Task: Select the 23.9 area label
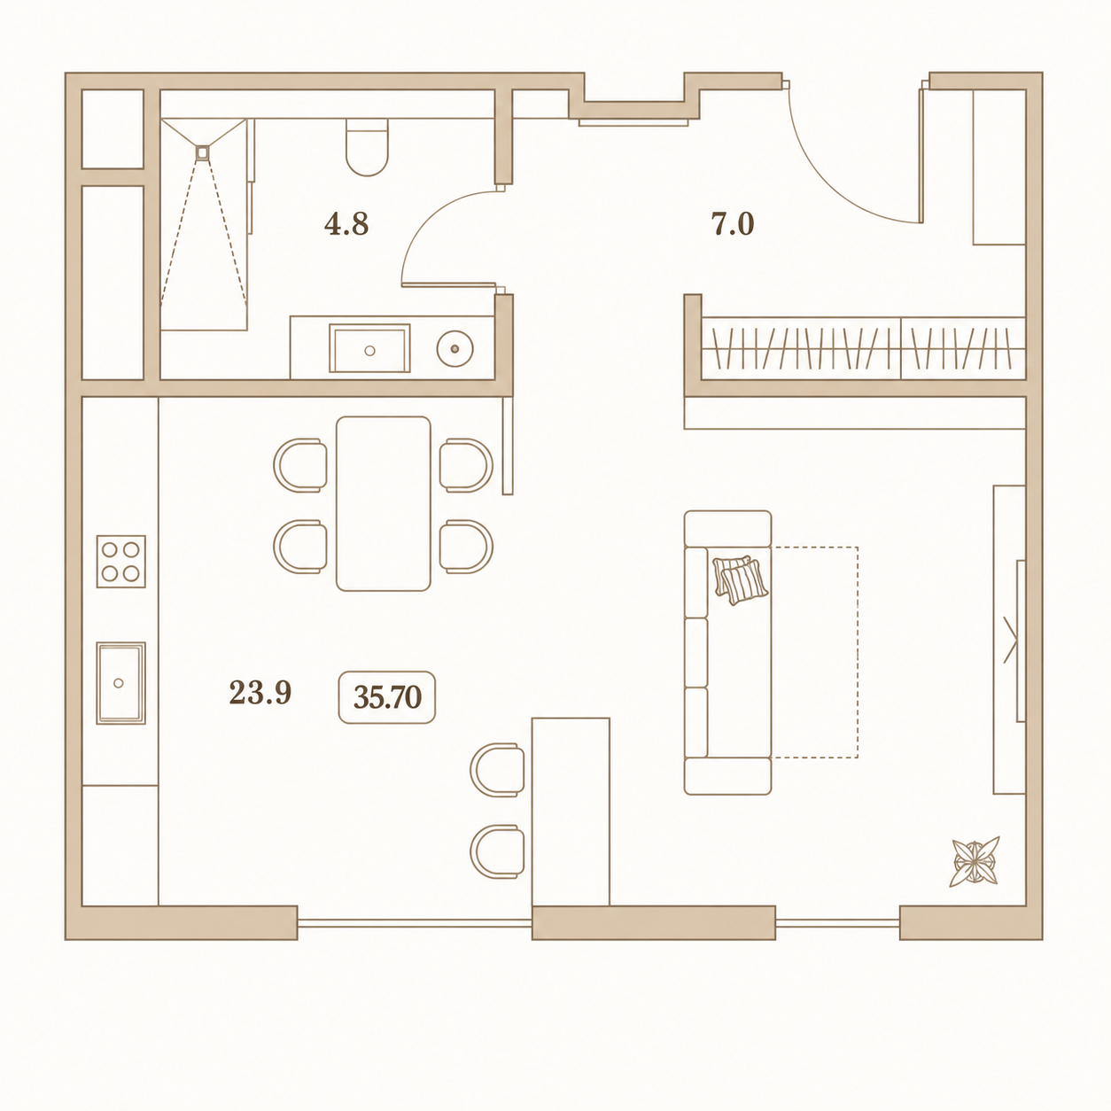[x=260, y=693]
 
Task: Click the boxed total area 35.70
[x=387, y=697]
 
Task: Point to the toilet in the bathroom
[x=367, y=147]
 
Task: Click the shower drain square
[x=203, y=152]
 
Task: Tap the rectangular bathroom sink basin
[x=369, y=348]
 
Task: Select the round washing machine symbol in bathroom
[x=454, y=349]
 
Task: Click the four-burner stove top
[x=121, y=562]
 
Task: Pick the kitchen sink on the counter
[x=121, y=683]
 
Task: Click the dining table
[x=384, y=504]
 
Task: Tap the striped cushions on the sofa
[x=741, y=580]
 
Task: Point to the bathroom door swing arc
[x=430, y=219]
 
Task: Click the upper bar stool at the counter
[x=497, y=770]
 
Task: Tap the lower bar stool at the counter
[x=497, y=852]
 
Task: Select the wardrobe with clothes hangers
[x=864, y=348]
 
